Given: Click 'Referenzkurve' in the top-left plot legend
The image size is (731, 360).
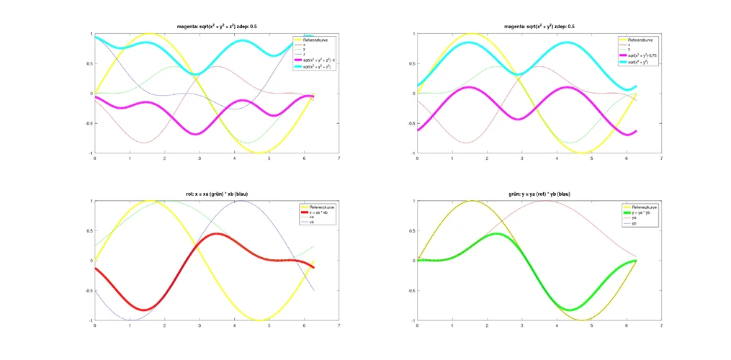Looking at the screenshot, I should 320,39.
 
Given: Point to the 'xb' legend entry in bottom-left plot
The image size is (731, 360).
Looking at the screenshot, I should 313,222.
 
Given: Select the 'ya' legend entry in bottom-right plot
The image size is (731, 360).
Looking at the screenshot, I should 634,217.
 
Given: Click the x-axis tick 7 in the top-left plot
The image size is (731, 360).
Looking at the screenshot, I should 338,158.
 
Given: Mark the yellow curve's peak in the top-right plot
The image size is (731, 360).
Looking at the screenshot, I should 472,33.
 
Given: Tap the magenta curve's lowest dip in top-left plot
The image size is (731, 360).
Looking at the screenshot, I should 195,134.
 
